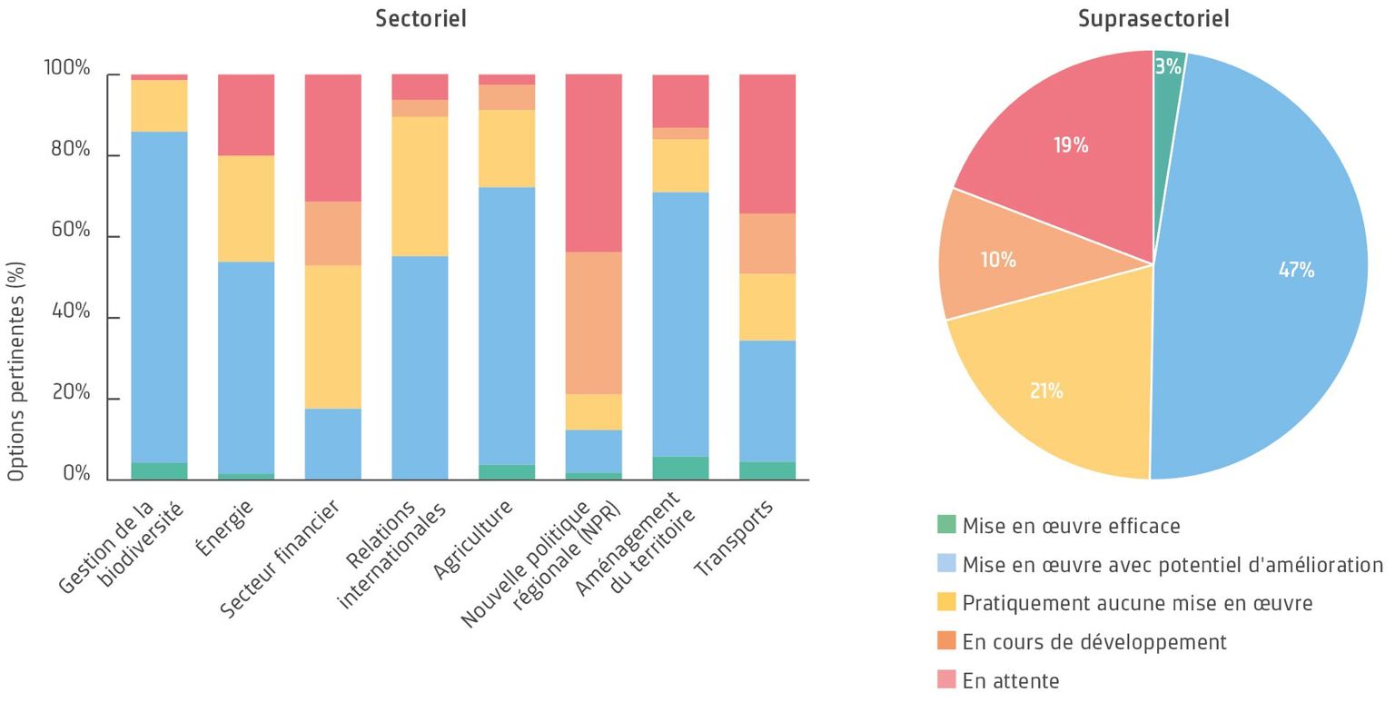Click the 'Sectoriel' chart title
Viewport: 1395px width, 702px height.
pyautogui.click(x=420, y=18)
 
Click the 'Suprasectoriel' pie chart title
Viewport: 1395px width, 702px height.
pyautogui.click(x=1153, y=18)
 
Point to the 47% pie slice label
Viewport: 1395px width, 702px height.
pyautogui.click(x=1296, y=270)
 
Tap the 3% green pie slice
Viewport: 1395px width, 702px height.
pyautogui.click(x=1168, y=66)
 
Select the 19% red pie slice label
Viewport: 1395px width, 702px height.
pyautogui.click(x=1071, y=145)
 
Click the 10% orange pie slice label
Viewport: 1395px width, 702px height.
pyautogui.click(x=998, y=260)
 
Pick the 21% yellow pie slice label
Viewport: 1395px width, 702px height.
pyautogui.click(x=1046, y=391)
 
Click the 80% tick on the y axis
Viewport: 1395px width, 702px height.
pyautogui.click(x=71, y=149)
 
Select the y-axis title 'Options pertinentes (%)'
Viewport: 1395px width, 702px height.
pyautogui.click(x=16, y=371)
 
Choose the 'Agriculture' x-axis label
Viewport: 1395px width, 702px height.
pyautogui.click(x=472, y=539)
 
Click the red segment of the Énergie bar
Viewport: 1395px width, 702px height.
pyautogui.click(x=246, y=114)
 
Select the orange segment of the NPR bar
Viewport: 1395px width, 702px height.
pyautogui.click(x=594, y=322)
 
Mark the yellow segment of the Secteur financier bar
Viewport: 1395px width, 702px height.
pyautogui.click(x=332, y=336)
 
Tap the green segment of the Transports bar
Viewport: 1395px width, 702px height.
pyautogui.click(x=767, y=470)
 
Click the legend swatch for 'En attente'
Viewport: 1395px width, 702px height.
pyautogui.click(x=946, y=679)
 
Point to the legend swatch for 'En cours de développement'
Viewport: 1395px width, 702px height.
pyautogui.click(x=946, y=641)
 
